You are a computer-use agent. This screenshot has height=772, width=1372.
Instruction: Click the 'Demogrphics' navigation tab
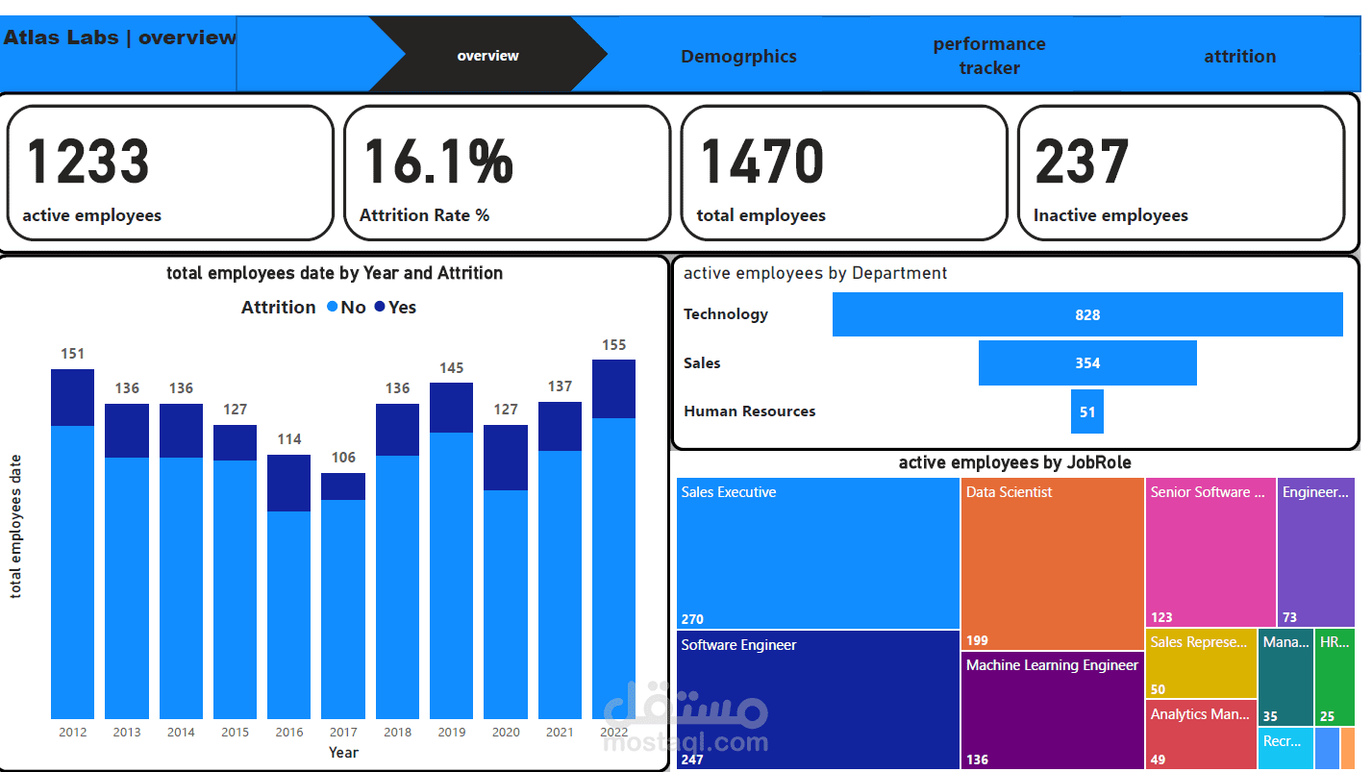pos(738,57)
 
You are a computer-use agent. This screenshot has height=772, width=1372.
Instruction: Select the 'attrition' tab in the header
pos(1239,57)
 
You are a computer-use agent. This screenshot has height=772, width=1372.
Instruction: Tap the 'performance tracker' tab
pos(988,56)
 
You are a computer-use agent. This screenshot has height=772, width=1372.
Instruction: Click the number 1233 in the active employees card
pos(87,162)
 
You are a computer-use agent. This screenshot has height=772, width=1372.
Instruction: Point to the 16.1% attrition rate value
pos(438,162)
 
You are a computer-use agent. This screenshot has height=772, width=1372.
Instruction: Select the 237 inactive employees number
pos(1082,162)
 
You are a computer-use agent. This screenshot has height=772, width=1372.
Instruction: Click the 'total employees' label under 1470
pos(761,215)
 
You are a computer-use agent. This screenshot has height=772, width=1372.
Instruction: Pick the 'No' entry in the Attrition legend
pos(346,308)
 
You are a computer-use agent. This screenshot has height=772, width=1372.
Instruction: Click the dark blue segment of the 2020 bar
pos(506,458)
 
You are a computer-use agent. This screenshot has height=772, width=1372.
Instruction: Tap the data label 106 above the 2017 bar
pos(343,458)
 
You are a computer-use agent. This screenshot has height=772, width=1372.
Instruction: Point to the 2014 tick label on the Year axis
pos(181,732)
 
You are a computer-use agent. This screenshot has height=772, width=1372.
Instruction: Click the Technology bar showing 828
pos(1087,314)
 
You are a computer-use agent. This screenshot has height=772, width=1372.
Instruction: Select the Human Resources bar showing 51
pos(1087,411)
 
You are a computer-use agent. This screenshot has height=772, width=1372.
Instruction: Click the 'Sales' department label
pos(702,362)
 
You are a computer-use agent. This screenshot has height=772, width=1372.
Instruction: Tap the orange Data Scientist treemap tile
pos(1052,562)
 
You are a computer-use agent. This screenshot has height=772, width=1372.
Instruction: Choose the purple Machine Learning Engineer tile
pos(1052,711)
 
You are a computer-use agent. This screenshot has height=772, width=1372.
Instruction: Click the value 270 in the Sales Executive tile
pos(692,619)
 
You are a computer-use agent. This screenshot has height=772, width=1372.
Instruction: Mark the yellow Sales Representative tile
pos(1200,663)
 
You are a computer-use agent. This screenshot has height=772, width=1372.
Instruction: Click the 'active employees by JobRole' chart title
pos(1014,462)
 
